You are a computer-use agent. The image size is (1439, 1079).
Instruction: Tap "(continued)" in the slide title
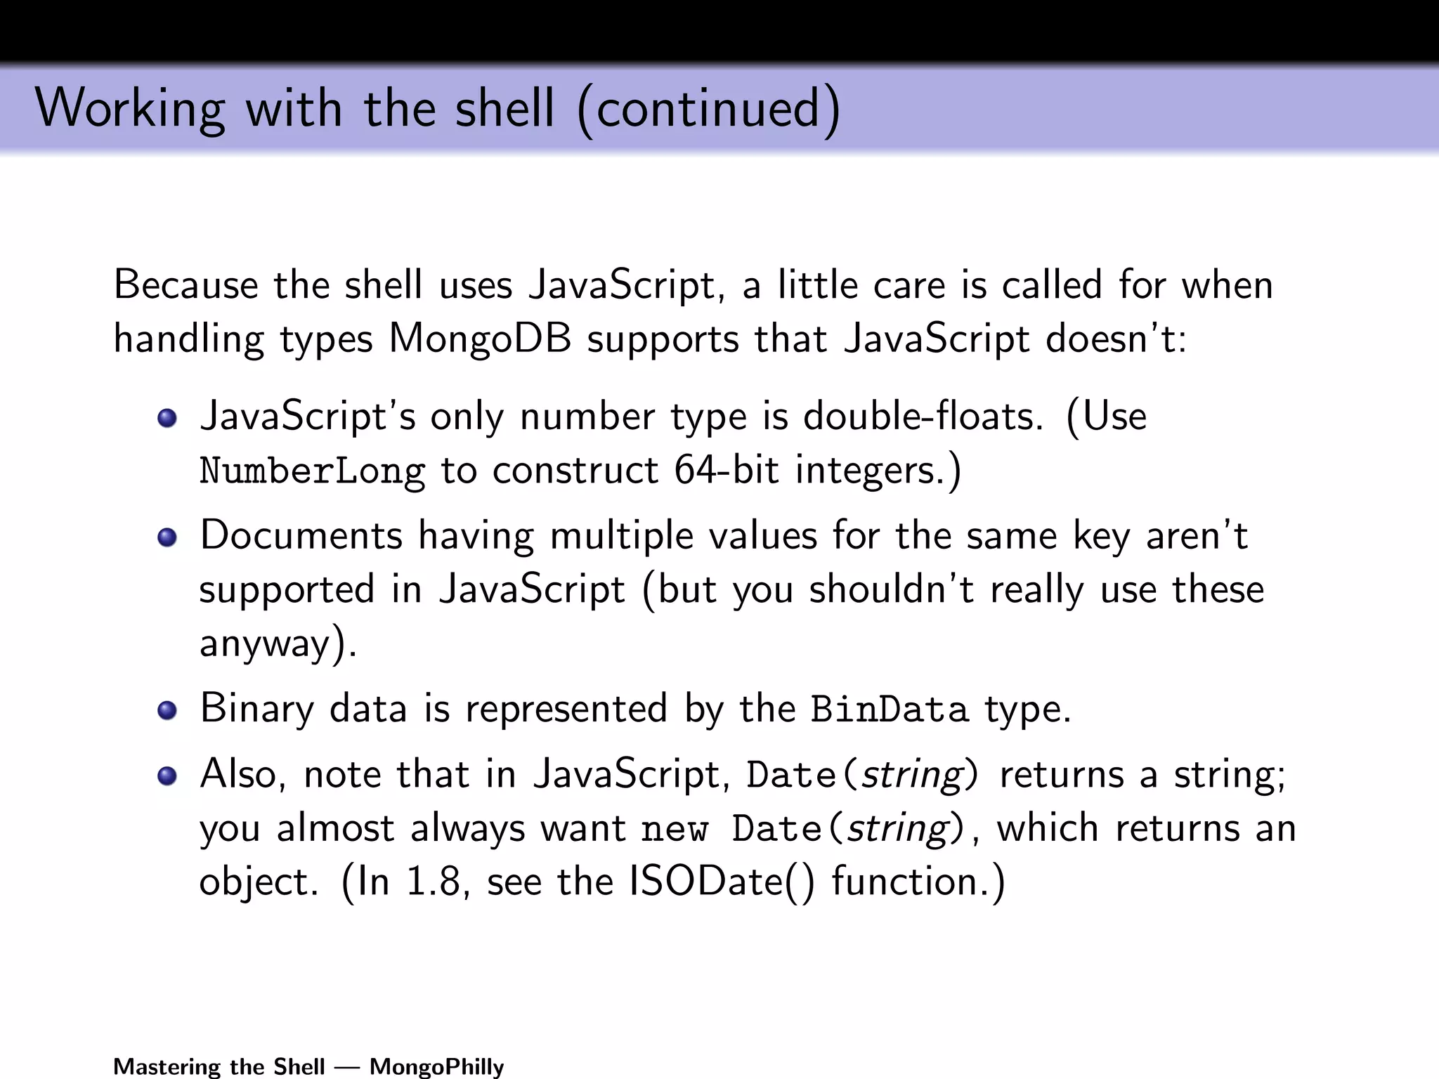(708, 110)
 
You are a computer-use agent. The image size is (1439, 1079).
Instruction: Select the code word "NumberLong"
(312, 471)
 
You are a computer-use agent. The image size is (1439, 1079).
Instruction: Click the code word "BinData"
(890, 709)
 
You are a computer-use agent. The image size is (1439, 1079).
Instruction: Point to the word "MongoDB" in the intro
(480, 339)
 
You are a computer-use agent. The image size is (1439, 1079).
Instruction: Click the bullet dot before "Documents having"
(167, 538)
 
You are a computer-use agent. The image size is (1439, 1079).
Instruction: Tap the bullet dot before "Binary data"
(167, 710)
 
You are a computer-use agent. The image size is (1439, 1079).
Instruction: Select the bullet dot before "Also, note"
(167, 776)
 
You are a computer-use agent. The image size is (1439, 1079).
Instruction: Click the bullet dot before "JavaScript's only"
(167, 419)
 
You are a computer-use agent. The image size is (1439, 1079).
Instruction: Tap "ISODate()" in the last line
(722, 881)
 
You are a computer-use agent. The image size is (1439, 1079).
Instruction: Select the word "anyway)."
(278, 643)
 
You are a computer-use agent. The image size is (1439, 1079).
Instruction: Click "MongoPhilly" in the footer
(436, 1066)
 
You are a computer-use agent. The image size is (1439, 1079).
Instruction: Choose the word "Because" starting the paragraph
(185, 285)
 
